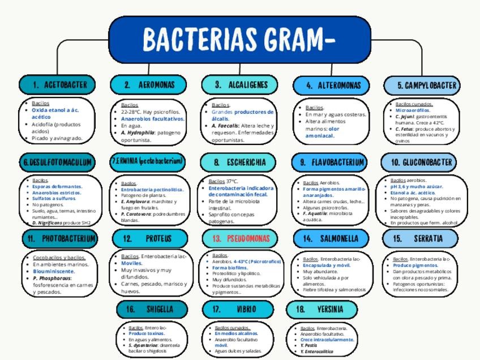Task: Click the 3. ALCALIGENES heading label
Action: tap(240, 85)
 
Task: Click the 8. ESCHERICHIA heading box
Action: tap(240, 162)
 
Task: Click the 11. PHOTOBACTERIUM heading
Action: tap(61, 238)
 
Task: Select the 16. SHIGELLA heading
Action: tap(152, 310)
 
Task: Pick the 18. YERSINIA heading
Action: tap(322, 310)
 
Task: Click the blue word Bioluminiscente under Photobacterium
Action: tap(54, 271)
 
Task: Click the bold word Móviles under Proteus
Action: tap(132, 263)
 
